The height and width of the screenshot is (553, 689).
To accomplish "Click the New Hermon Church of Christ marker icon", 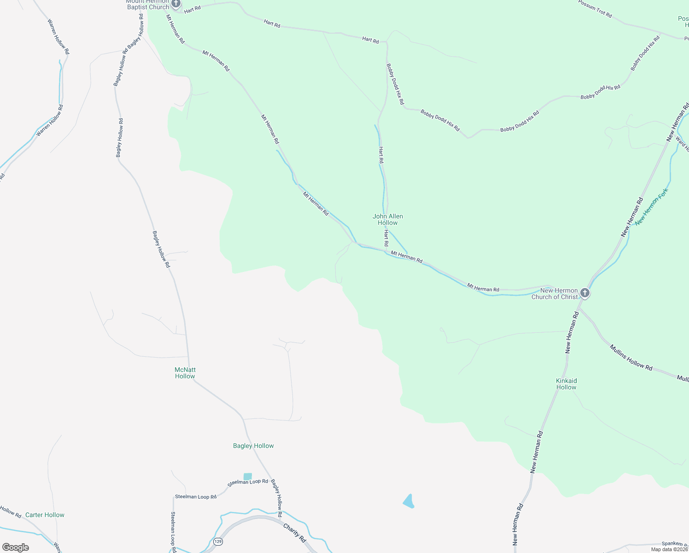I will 585,293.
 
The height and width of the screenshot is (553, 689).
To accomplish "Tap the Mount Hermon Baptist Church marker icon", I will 175,4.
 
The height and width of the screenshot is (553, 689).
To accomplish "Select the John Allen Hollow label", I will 388,219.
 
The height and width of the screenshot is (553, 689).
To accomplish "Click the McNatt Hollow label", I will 185,373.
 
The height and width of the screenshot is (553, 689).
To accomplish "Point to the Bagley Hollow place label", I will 253,446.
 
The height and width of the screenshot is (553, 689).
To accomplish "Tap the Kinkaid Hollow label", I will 566,384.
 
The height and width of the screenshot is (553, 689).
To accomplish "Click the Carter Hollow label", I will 45,515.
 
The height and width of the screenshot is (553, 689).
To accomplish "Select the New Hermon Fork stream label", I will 651,207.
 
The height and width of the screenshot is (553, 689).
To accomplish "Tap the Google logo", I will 16,547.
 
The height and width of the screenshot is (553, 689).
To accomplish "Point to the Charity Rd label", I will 294,532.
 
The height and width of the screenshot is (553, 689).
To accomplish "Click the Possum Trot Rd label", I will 595,9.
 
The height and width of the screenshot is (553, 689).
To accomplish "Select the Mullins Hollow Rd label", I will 631,358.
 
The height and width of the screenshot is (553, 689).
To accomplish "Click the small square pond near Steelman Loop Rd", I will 248,477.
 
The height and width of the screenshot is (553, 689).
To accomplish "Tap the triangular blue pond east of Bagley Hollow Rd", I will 409,501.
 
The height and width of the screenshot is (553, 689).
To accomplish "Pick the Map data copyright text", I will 669,549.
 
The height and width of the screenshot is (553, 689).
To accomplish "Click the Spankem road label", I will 675,544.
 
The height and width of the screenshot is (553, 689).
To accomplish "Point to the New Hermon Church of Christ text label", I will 555,294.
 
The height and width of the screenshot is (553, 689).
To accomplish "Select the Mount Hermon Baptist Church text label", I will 148,5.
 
